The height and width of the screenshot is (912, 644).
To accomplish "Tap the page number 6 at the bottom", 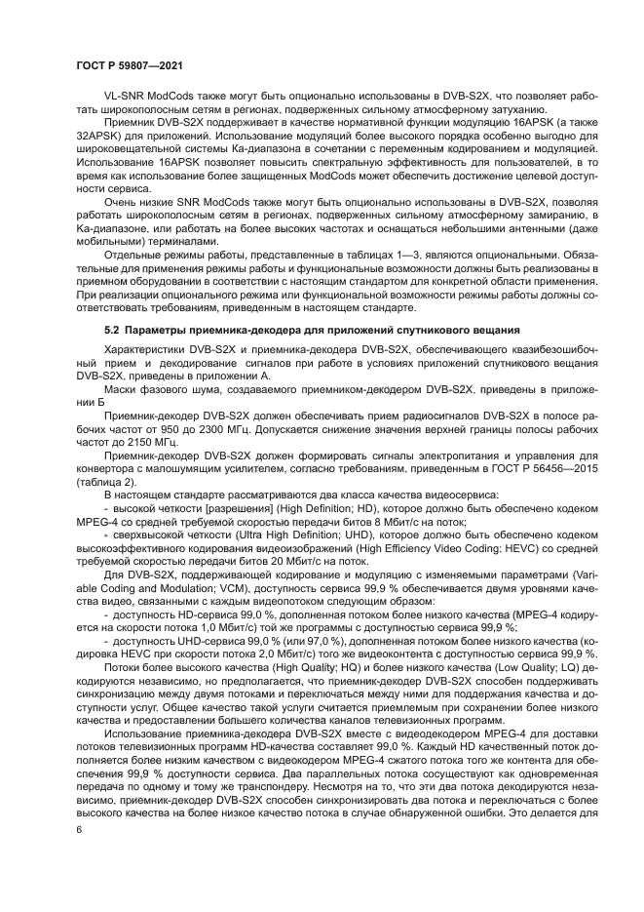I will click(x=79, y=828).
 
